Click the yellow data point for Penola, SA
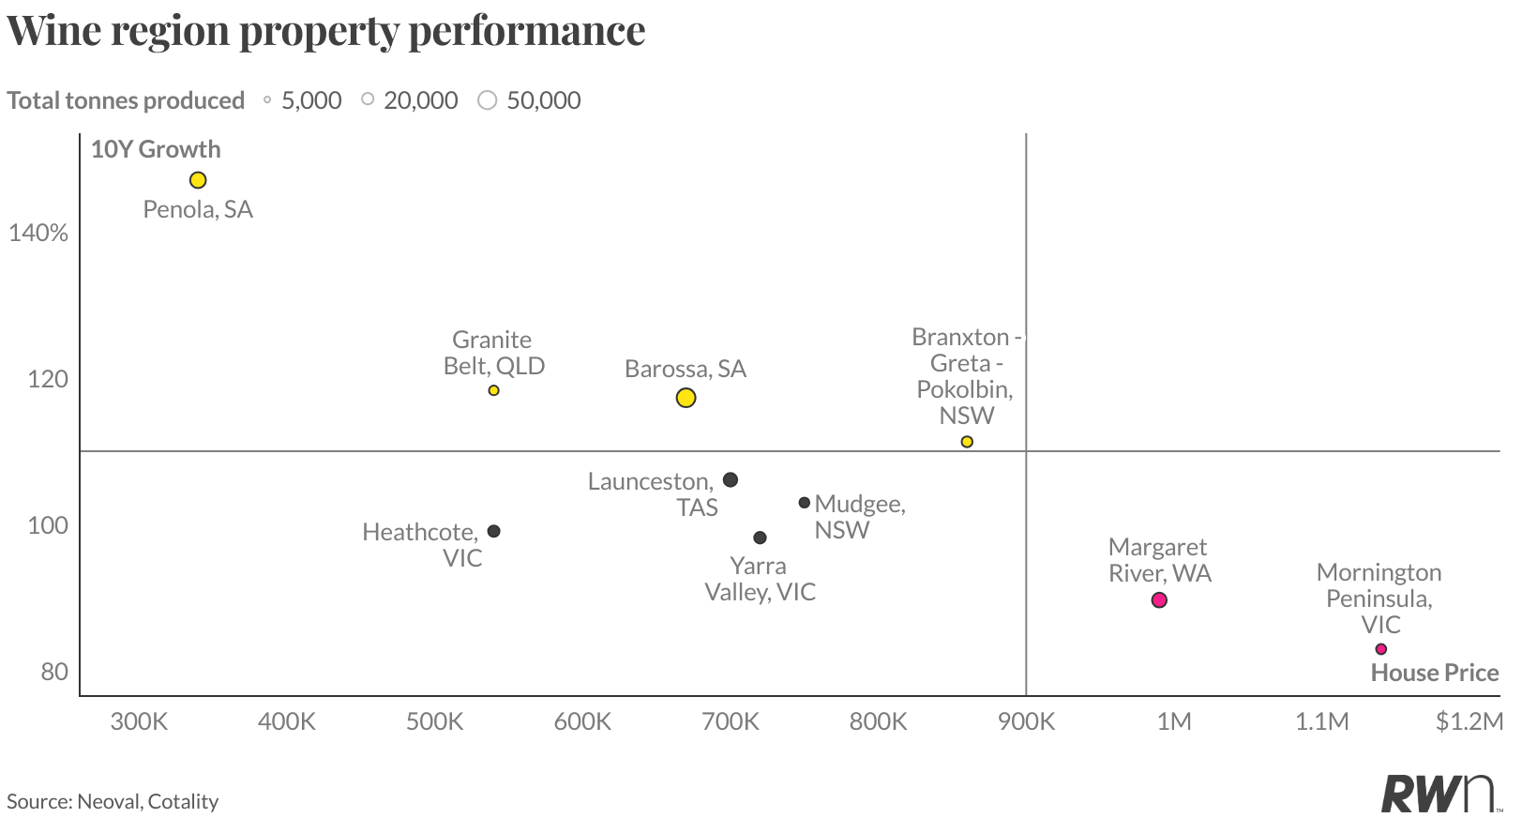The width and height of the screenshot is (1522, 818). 198,180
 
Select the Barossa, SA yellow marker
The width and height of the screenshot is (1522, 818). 686,398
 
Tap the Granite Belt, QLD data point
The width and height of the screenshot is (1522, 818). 493,390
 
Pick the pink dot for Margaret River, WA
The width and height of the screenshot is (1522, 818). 1159,600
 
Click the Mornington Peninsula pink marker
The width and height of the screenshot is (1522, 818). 1380,649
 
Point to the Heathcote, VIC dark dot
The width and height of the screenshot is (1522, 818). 494,531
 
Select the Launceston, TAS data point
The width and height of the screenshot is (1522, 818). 731,480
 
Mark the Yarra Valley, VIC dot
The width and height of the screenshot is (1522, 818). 760,538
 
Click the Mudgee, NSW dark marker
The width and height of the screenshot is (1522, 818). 804,503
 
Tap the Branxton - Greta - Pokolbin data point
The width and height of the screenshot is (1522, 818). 967,442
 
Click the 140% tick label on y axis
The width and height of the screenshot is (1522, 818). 38,233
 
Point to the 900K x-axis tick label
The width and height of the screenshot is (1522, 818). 1026,721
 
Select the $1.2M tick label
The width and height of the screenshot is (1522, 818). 1469,721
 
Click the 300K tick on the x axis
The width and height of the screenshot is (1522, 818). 139,721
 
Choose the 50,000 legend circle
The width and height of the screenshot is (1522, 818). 487,100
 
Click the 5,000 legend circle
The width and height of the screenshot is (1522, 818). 267,100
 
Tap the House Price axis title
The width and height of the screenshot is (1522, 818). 1434,673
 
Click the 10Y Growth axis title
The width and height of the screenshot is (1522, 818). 156,149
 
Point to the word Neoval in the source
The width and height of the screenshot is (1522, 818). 108,801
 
